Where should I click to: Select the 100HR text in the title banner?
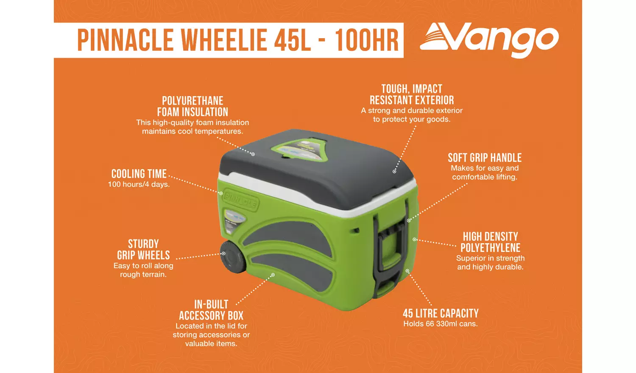pos(367,41)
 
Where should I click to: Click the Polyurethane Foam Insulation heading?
pos(192,106)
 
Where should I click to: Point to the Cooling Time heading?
pos(139,174)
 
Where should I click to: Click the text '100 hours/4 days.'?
pos(139,184)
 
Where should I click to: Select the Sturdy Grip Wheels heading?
pos(143,250)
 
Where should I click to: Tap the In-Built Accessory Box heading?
pos(211,310)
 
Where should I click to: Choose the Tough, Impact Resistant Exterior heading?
pos(412,95)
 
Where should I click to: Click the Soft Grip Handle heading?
pos(485,158)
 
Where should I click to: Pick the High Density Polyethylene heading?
pos(491,242)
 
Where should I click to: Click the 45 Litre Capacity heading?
pos(441,313)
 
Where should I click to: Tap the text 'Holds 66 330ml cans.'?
pos(441,324)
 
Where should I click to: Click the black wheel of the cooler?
pos(232,257)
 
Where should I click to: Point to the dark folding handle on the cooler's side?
pos(389,250)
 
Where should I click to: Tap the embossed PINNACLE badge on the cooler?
pos(240,199)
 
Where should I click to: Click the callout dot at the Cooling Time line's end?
pos(221,193)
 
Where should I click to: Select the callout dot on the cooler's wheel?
pos(223,253)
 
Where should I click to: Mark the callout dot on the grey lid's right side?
pos(394,171)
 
